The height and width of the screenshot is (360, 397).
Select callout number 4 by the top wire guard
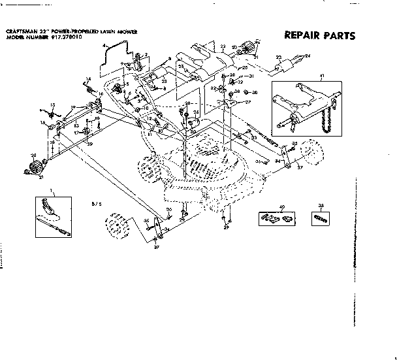(x=103, y=46)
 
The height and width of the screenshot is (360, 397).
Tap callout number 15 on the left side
(x=53, y=105)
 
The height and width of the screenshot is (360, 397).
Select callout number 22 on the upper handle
(x=222, y=46)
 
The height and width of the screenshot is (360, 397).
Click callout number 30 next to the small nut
(x=255, y=93)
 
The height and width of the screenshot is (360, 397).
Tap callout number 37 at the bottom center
(x=156, y=248)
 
